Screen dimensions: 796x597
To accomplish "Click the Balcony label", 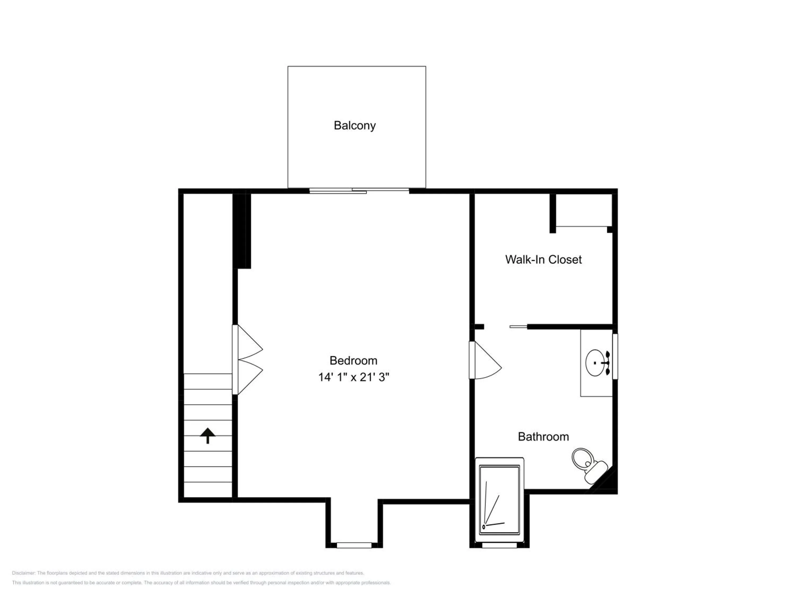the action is click(x=354, y=126).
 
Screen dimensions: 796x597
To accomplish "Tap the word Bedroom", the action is click(x=353, y=360).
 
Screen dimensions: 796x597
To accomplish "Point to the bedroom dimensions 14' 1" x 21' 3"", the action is click(x=353, y=377).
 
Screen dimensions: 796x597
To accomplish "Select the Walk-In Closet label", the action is click(x=543, y=259).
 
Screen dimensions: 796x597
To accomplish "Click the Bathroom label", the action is click(x=543, y=436).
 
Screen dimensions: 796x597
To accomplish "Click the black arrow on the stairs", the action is click(x=208, y=435).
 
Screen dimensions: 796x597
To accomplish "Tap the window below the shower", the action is click(x=499, y=545).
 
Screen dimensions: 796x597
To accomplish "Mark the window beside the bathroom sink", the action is click(x=615, y=356).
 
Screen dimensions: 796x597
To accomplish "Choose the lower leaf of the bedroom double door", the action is click(x=248, y=377).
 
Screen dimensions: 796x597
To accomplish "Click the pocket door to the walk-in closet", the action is click(x=518, y=327).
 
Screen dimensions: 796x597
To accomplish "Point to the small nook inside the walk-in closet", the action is click(x=584, y=210).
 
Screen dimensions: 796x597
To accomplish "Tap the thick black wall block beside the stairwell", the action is click(x=241, y=231).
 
